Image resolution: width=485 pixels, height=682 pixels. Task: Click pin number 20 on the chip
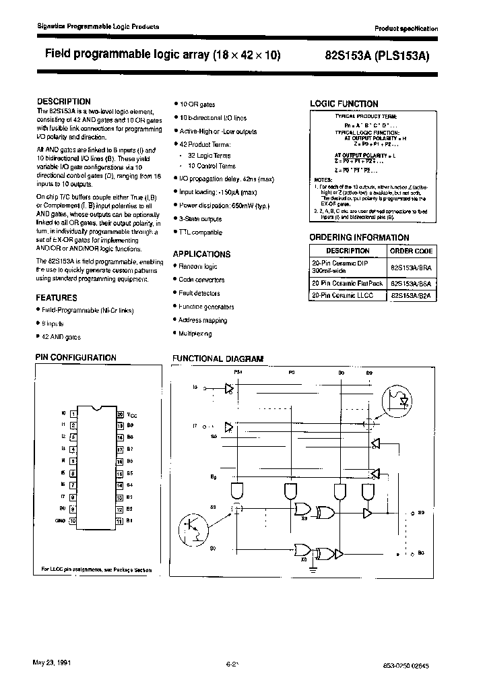(119, 414)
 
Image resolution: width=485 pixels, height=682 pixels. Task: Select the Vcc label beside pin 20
(131, 414)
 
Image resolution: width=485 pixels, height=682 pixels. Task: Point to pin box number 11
(119, 521)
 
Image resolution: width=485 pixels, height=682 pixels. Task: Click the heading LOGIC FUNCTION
(344, 104)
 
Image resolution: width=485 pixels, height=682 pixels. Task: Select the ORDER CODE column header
(412, 250)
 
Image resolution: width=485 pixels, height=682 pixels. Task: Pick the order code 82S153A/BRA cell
(412, 266)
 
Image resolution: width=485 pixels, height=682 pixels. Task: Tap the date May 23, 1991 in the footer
(51, 662)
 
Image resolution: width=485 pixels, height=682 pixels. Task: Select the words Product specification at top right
(406, 29)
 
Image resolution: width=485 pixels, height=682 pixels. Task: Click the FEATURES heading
(57, 297)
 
